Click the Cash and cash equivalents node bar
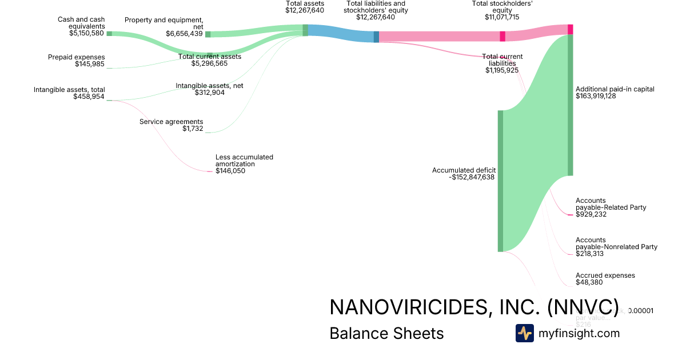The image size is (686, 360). click(x=109, y=34)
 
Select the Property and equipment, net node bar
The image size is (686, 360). click(x=208, y=34)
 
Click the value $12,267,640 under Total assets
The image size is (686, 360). click(x=305, y=10)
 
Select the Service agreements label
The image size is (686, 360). click(x=171, y=122)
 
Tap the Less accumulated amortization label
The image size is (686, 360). click(x=244, y=160)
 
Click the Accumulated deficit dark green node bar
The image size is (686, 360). click(x=500, y=181)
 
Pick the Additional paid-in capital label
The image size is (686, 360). click(x=615, y=89)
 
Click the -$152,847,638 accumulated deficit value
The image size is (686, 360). click(x=472, y=177)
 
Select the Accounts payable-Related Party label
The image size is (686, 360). click(x=611, y=204)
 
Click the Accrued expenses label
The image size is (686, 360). click(x=605, y=275)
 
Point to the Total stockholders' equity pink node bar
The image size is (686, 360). click(x=502, y=36)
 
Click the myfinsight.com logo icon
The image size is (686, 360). click(x=524, y=333)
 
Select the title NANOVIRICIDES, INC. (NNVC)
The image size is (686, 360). click(x=474, y=307)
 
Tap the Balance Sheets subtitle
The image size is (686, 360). click(x=386, y=333)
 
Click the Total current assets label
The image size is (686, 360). click(x=210, y=57)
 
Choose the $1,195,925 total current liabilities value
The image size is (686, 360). click(x=502, y=70)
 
